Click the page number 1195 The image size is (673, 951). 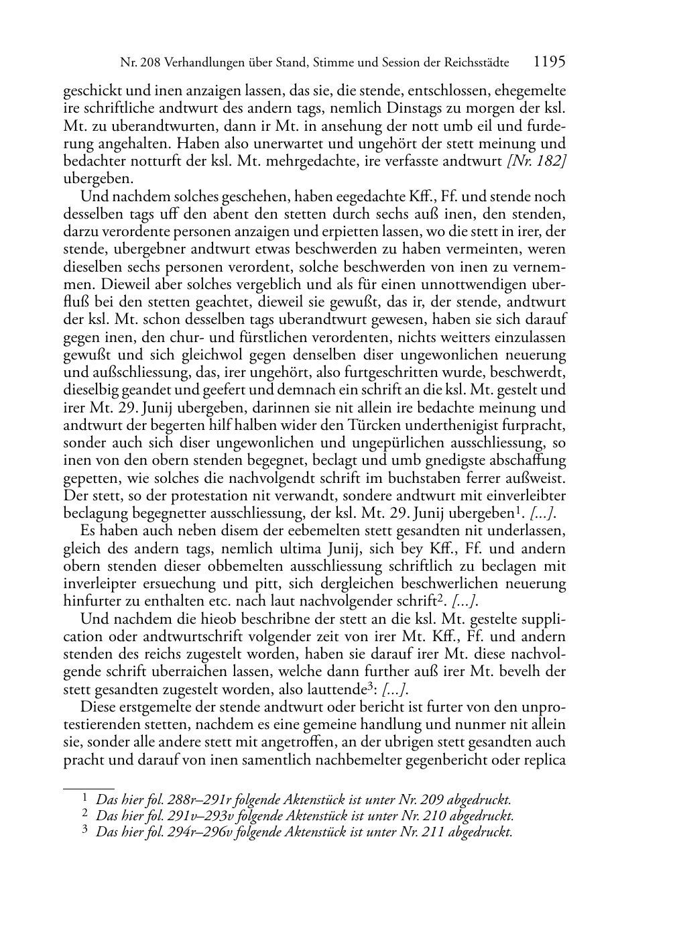(550, 63)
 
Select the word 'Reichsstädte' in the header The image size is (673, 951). (473, 64)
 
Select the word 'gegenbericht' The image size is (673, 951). (433, 761)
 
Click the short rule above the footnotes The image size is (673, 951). (88, 780)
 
